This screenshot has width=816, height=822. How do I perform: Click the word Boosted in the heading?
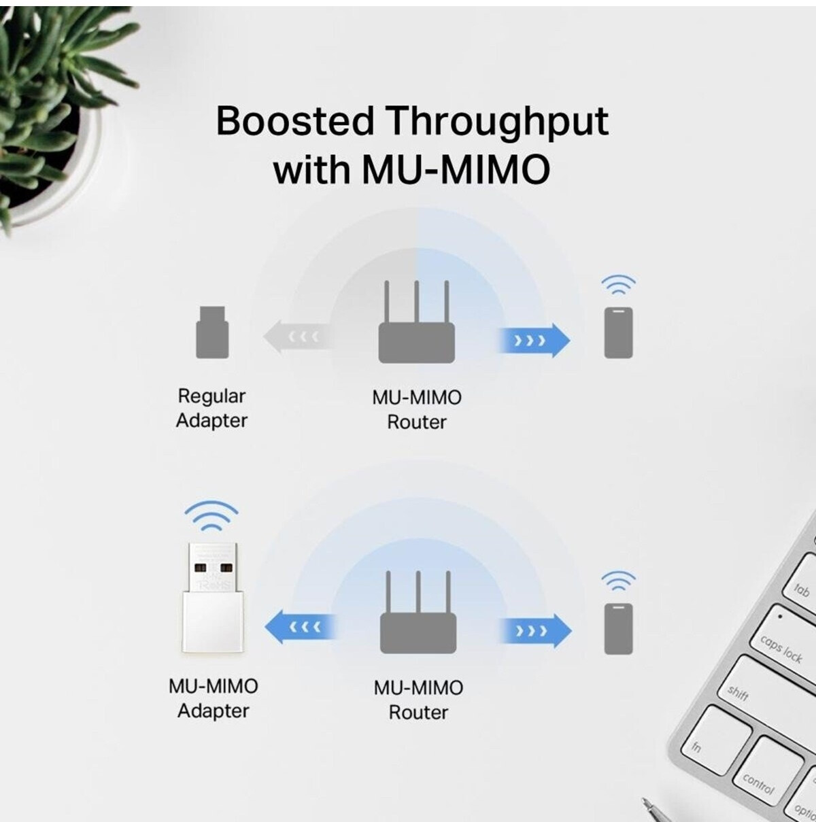[295, 121]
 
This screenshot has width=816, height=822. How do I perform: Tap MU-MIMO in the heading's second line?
[456, 170]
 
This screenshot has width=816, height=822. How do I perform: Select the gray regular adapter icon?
[212, 332]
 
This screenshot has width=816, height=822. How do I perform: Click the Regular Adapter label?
[211, 408]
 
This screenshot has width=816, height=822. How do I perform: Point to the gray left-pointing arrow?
[297, 337]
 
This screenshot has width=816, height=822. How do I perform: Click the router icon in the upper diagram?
[417, 322]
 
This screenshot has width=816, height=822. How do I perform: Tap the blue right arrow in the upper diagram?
[534, 340]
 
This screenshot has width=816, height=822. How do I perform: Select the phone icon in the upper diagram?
[618, 332]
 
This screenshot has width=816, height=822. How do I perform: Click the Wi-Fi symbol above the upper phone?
[618, 284]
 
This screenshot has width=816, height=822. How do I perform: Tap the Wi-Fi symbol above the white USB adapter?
[211, 516]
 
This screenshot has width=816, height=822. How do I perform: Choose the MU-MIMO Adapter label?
[214, 699]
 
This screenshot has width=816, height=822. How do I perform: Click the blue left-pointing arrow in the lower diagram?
[300, 627]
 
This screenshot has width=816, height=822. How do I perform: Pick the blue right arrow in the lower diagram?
[536, 631]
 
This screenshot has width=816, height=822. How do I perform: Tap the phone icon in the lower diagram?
[618, 629]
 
